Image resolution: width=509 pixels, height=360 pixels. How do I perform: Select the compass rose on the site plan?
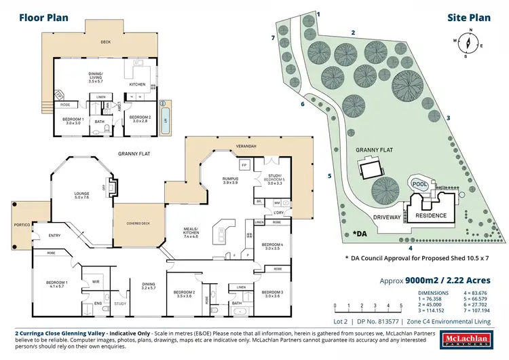(x=467, y=43)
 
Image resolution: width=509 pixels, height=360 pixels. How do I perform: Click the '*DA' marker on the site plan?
(x=360, y=234)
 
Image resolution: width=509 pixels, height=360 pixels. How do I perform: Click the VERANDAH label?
(x=246, y=147)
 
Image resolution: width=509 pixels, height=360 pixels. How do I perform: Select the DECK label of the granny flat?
(x=105, y=41)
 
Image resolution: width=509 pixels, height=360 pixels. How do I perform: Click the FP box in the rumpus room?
(x=243, y=165)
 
